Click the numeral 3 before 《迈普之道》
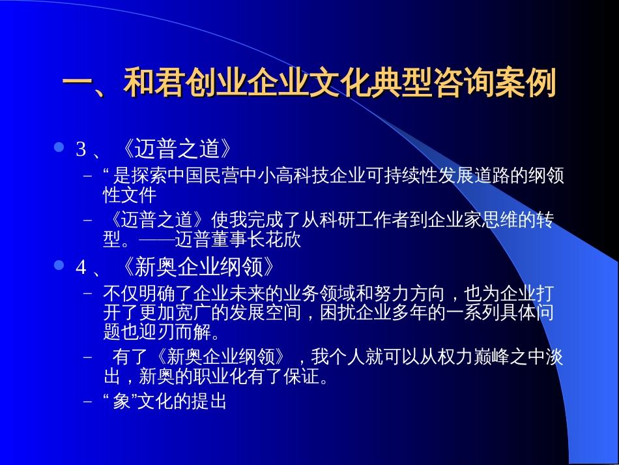pyautogui.click(x=81, y=149)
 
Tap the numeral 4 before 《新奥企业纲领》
pyautogui.click(x=81, y=267)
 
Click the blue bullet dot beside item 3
pyautogui.click(x=59, y=147)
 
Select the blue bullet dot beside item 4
pyautogui.click(x=59, y=265)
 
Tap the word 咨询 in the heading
pyautogui.click(x=463, y=83)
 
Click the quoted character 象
pyautogui.click(x=122, y=401)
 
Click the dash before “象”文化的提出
pyautogui.click(x=88, y=402)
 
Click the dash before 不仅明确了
pyautogui.click(x=88, y=293)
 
